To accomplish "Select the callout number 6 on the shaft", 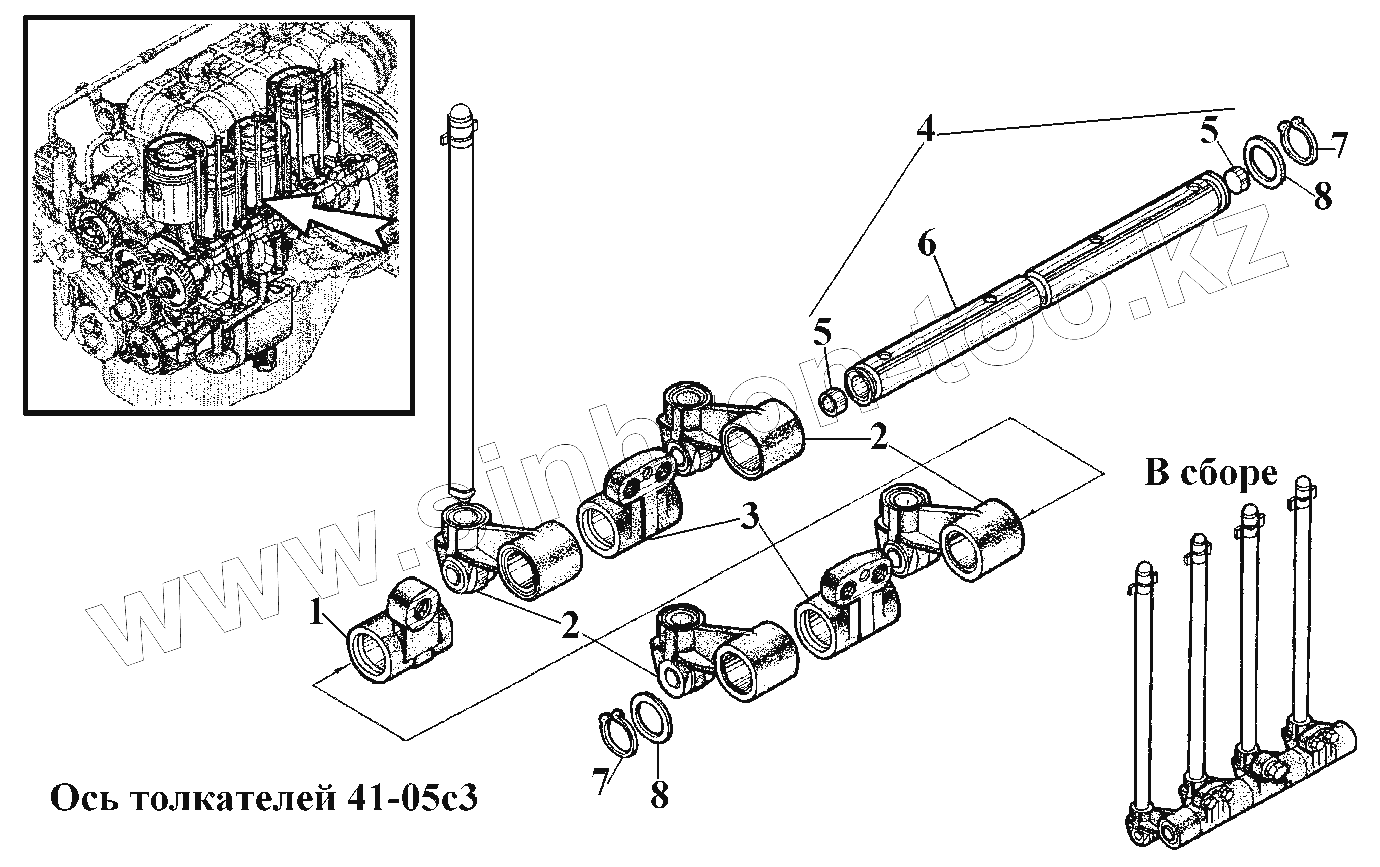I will click(926, 245).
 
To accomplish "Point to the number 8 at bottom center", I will click(659, 795).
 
